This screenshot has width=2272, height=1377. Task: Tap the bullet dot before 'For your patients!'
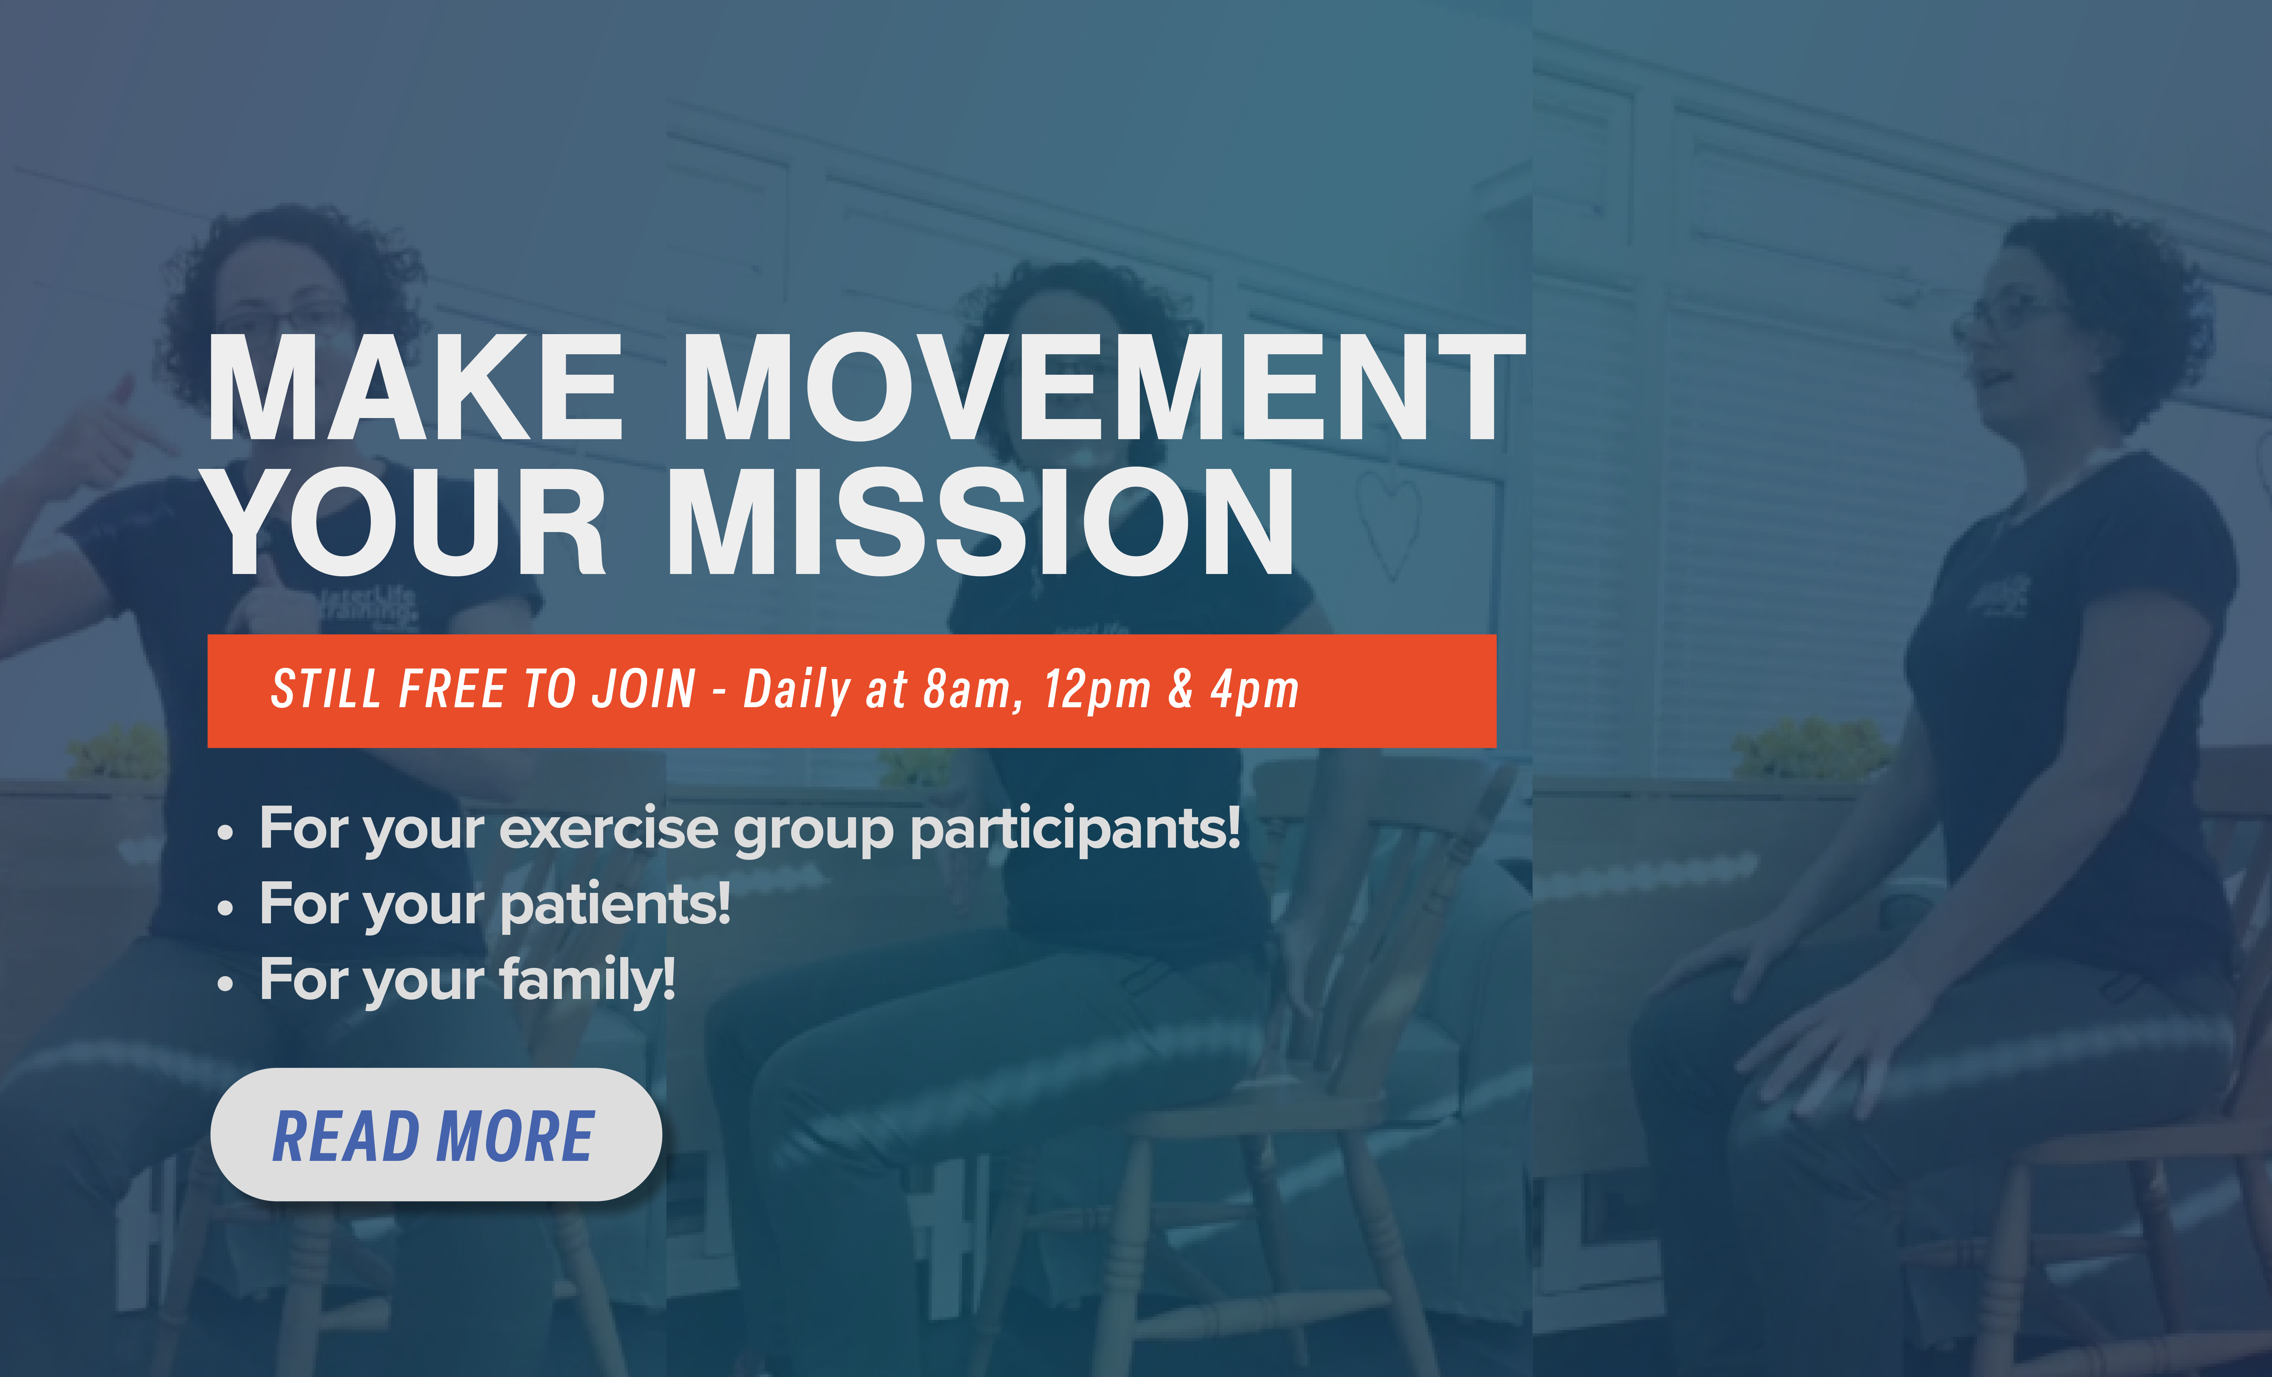(225, 908)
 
